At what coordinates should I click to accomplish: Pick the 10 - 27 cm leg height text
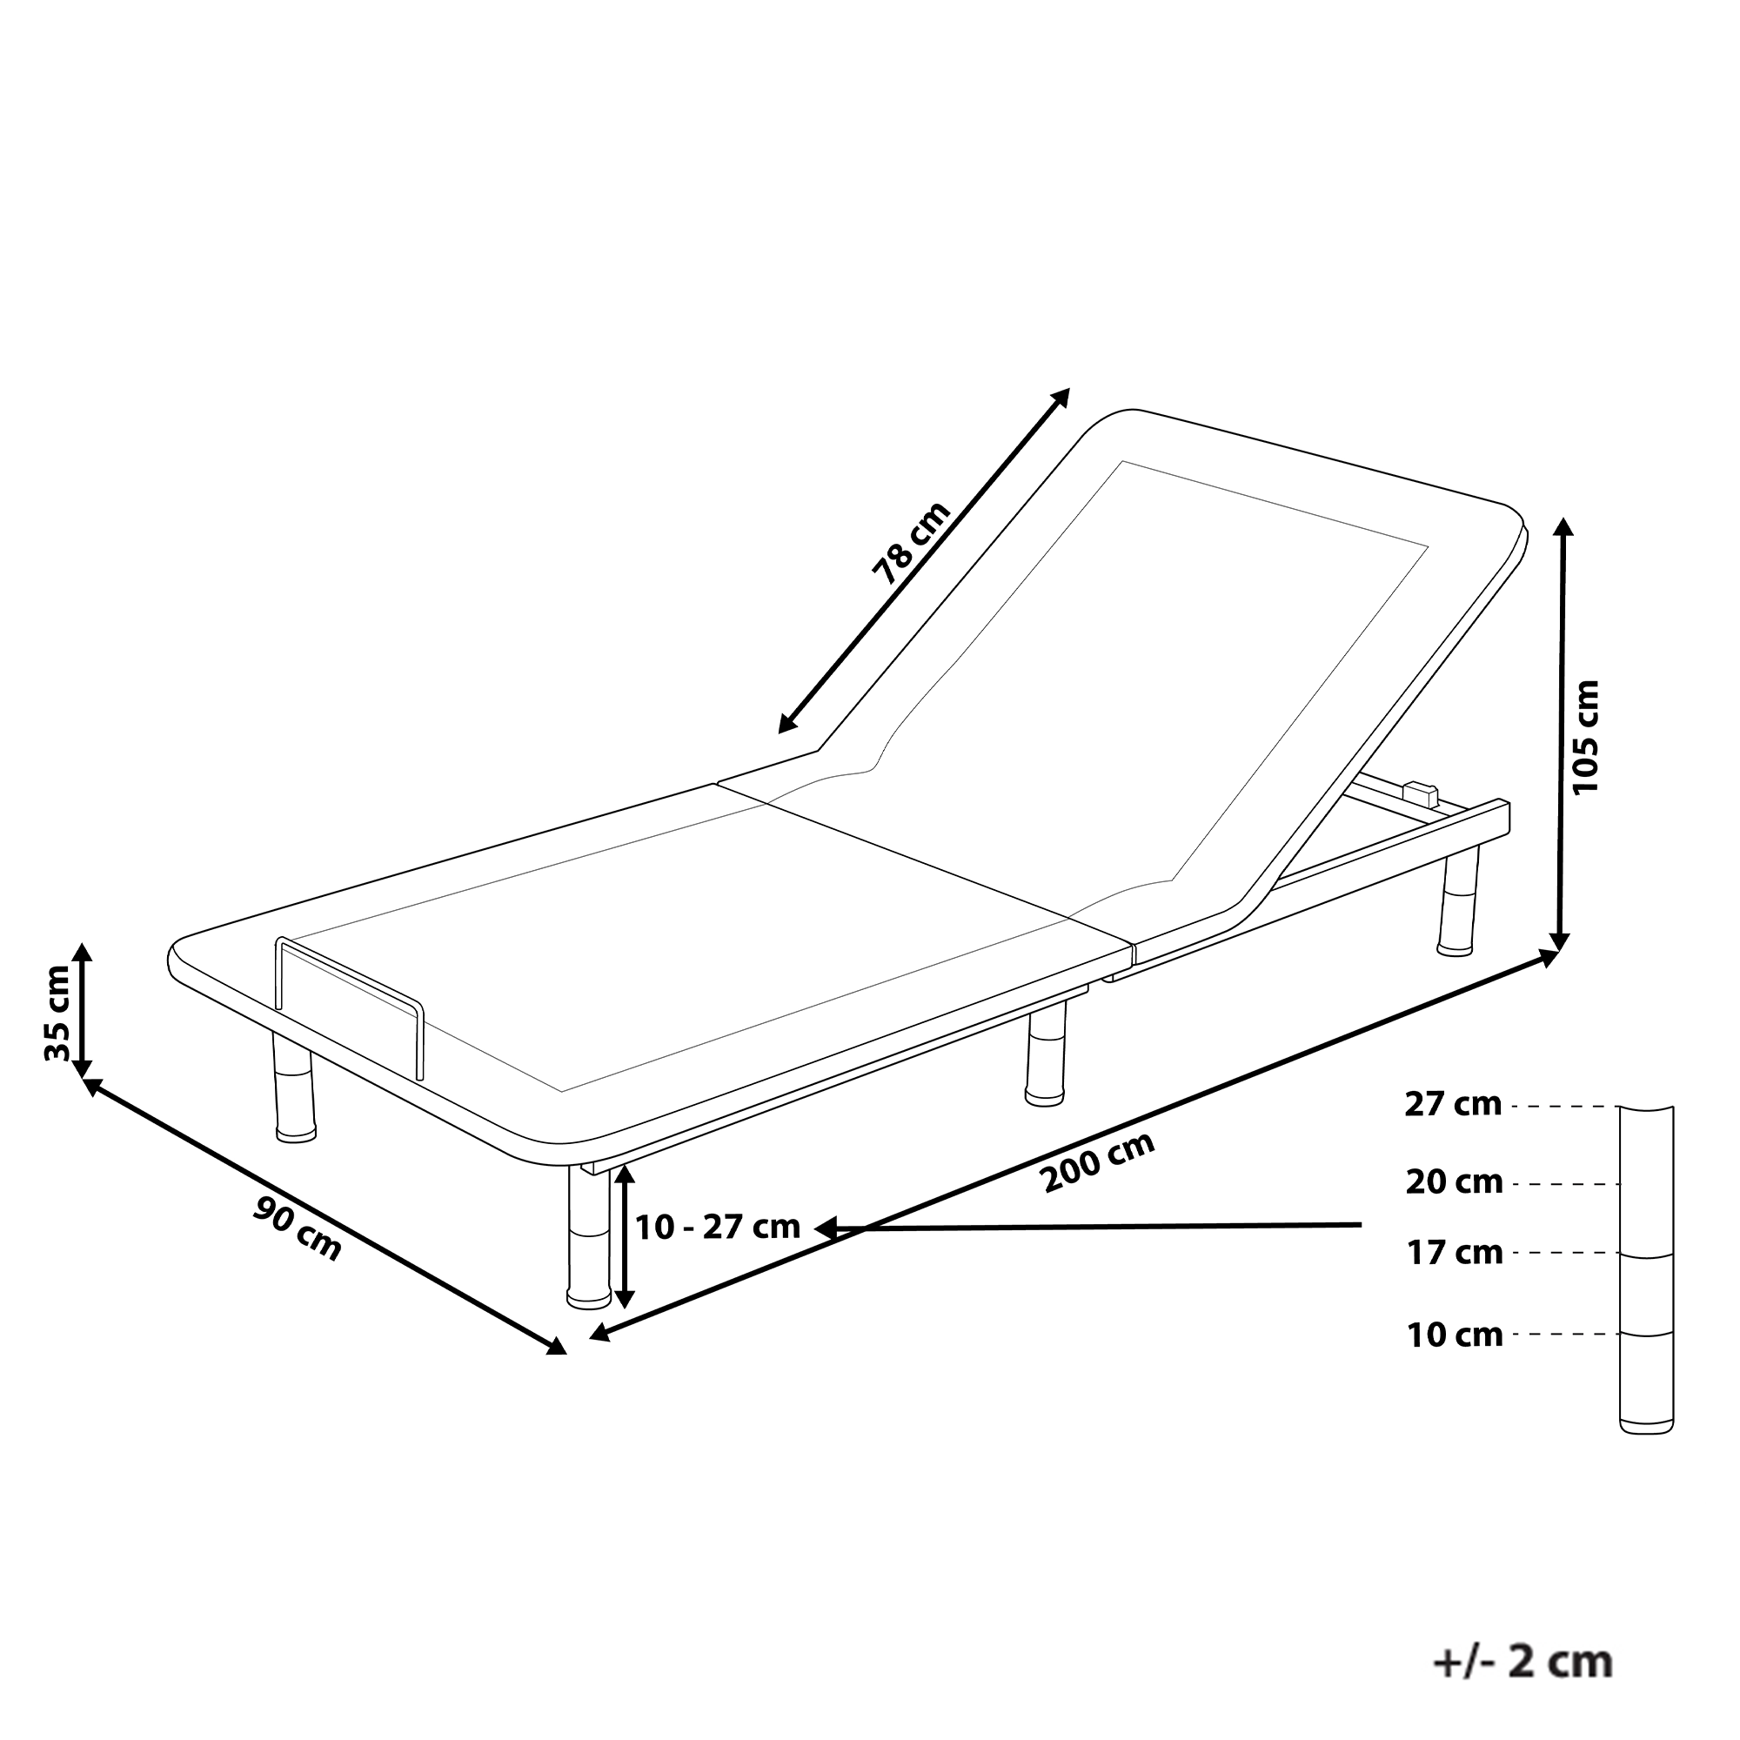click(718, 1227)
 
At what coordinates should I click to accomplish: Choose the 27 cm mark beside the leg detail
click(1454, 1104)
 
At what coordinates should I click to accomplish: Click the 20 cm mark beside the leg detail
click(1454, 1181)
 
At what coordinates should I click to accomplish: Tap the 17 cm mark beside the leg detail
click(1454, 1253)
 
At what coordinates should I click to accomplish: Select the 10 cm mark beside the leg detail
click(1454, 1335)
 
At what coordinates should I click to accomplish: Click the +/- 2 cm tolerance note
click(1522, 1636)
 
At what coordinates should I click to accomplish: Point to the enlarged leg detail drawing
click(1647, 1279)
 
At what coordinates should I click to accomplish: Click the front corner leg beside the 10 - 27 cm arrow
click(589, 1235)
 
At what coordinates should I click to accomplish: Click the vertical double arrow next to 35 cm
click(82, 1009)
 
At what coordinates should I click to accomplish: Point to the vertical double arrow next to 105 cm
click(1563, 734)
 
